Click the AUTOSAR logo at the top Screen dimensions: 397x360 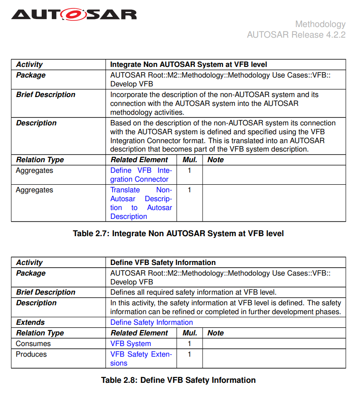pos(74,15)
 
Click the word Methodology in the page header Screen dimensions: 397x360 pos(320,24)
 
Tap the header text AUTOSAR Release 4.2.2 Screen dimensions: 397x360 pos(296,35)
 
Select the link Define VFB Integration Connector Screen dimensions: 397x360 pos(141,175)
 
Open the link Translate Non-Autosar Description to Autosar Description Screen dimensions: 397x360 pos(141,203)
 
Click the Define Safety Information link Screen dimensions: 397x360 pos(151,323)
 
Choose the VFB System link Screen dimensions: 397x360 pos(130,344)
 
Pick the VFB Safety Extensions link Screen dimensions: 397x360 pos(141,359)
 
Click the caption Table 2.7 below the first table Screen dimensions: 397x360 pos(178,234)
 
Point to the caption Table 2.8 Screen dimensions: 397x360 pos(178,380)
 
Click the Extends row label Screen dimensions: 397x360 pos(30,323)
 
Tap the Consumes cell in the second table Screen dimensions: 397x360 pos(33,344)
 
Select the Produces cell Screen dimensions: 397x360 pos(31,354)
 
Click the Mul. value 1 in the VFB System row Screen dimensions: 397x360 pos(189,344)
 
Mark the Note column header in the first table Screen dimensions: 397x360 pos(215,160)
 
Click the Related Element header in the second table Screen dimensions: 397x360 pos(139,333)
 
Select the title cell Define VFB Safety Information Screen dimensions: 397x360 pos(163,263)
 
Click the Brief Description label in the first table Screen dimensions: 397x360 pos(46,95)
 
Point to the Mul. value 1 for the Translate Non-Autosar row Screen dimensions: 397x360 pos(189,190)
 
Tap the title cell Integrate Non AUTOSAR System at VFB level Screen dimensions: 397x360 pos(188,65)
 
